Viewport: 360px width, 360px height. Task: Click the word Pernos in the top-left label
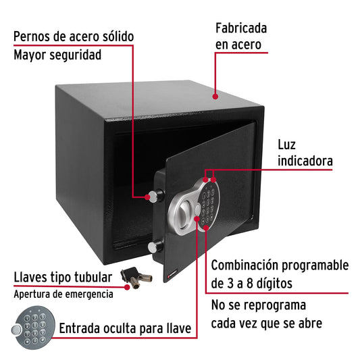(x=34, y=36)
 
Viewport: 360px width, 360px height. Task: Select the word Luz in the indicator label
(x=287, y=145)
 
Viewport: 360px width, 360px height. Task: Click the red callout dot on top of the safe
(x=215, y=96)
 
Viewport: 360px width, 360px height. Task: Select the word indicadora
(x=305, y=161)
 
